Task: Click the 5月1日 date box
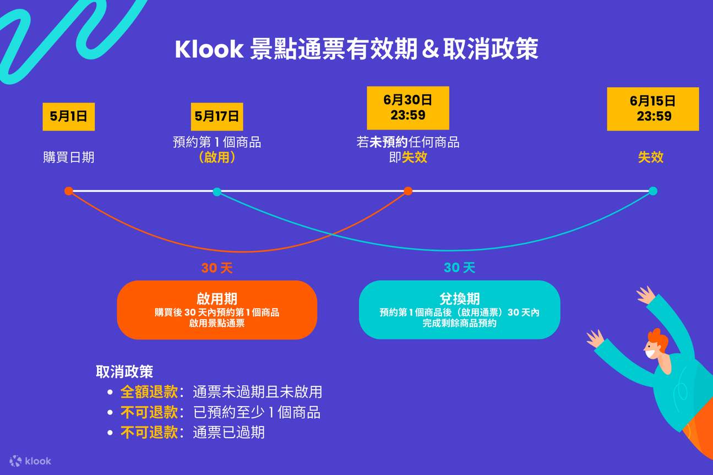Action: pos(69,116)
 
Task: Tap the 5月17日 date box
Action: pos(217,116)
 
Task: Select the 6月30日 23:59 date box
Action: pos(407,108)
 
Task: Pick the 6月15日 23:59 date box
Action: pos(652,108)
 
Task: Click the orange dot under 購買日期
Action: pos(68,191)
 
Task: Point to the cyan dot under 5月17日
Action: pos(217,192)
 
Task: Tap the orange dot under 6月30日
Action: pos(408,191)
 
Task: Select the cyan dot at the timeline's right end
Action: pos(653,191)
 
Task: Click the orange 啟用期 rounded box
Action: pos(217,310)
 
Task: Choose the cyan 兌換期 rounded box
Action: pos(459,310)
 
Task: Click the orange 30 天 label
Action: pos(217,269)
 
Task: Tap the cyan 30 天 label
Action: pos(459,268)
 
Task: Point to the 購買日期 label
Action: pos(69,157)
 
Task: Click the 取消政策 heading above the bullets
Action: pos(124,372)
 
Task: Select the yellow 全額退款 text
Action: pos(149,392)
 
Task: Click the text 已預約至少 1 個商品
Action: pos(257,412)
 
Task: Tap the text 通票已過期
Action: pos(228,432)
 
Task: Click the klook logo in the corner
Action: pos(30,461)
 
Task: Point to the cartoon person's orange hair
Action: pos(658,337)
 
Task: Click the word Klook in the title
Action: pos(209,50)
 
